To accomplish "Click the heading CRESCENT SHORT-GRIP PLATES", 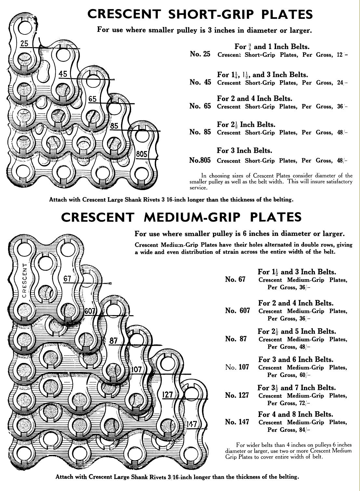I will (200, 14).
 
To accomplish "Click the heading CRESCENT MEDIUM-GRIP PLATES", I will (181, 217).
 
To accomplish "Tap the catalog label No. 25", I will (200, 54).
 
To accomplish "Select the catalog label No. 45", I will (200, 82).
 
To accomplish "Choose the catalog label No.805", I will (200, 160).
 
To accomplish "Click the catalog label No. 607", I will (237, 311).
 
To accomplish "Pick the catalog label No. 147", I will (237, 422).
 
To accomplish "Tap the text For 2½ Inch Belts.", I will (246, 124).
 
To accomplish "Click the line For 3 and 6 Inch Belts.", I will (296, 359).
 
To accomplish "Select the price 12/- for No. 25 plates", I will (342, 55).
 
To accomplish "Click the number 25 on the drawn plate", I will (24, 44).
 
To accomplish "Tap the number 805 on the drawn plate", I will (141, 154).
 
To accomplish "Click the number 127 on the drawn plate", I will (167, 394).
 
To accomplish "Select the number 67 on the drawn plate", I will (67, 278).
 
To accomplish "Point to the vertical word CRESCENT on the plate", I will (25, 281).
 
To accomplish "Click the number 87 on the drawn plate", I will (113, 341).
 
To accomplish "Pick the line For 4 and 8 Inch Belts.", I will (296, 414).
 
